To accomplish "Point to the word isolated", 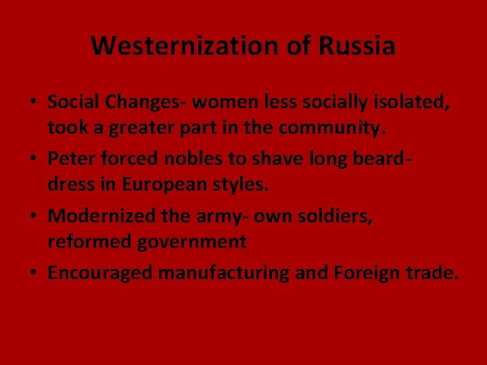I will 412,102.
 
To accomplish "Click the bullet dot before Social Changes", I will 32,103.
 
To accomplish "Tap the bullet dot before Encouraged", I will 32,274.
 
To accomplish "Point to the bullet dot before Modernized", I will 32,217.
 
